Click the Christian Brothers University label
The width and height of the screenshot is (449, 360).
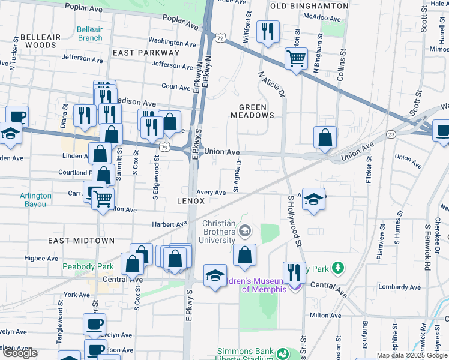214,232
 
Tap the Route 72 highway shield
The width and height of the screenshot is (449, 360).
221,38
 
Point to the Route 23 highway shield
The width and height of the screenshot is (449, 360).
391,134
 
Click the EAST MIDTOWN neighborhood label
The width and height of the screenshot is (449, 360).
81,241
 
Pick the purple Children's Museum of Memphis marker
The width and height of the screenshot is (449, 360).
294,287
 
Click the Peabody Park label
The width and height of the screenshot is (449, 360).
88,266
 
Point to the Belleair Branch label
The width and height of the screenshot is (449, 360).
90,34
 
